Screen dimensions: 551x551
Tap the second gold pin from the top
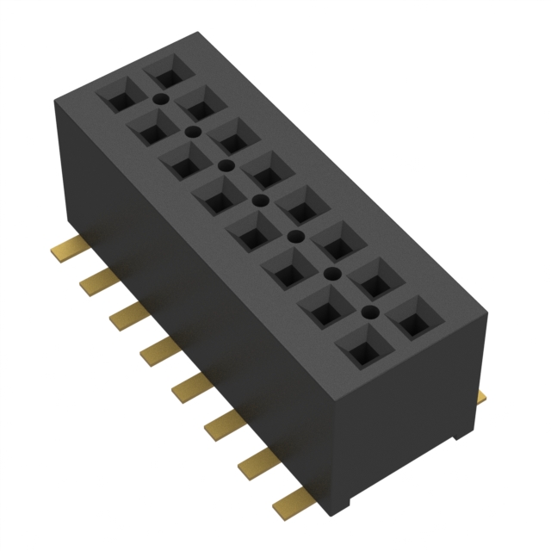[94, 282]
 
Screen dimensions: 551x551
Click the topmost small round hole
[159, 101]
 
